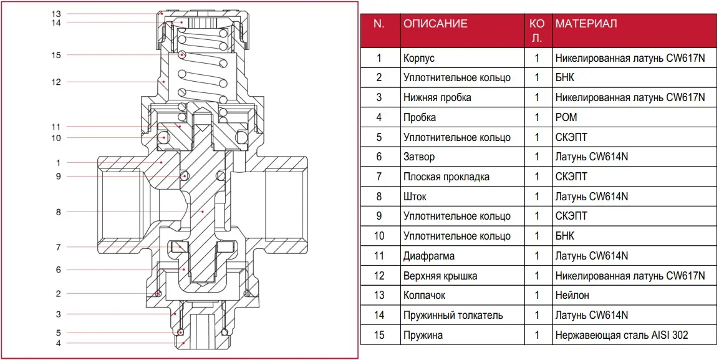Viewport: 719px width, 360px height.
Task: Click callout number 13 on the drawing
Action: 56,13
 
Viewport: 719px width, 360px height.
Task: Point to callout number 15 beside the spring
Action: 56,55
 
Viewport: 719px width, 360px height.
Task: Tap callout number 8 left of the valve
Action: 58,212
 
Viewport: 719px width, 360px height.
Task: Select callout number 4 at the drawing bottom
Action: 58,343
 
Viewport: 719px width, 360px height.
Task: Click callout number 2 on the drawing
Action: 58,293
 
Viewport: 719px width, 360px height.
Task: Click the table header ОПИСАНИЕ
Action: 435,24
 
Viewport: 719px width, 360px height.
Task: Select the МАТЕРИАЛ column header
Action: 586,24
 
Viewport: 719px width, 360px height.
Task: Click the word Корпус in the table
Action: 419,58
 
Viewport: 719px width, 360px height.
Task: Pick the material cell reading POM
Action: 566,117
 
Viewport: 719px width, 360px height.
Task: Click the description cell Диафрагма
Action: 429,256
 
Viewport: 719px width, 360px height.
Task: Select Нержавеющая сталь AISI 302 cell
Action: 622,335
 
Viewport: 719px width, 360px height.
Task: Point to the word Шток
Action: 415,197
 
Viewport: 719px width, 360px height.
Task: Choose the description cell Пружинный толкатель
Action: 453,315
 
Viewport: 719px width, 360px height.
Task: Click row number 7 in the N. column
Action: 379,177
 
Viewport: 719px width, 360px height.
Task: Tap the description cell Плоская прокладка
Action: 446,177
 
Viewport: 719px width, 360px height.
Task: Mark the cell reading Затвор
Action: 419,157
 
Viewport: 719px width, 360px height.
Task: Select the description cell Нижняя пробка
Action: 437,97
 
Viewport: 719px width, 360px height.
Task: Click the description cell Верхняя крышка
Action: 440,276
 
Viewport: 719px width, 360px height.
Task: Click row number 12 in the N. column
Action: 379,276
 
